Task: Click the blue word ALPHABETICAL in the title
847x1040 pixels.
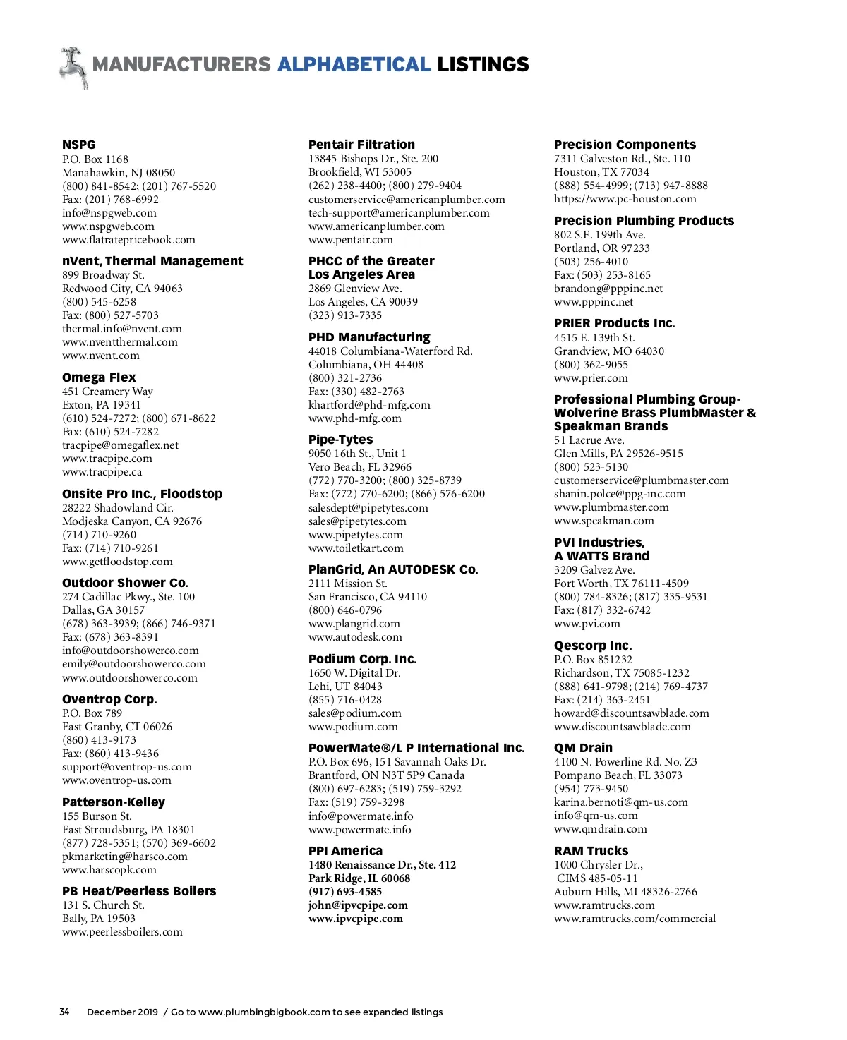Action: [354, 65]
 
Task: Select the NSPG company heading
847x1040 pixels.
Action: [78, 145]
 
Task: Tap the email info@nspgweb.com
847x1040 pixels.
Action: [109, 213]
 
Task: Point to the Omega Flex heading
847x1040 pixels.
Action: [99, 377]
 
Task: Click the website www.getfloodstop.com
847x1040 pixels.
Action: [117, 562]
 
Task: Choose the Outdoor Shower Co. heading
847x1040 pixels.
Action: [125, 583]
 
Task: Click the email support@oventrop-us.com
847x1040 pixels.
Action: [127, 767]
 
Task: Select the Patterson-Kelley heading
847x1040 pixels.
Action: [114, 802]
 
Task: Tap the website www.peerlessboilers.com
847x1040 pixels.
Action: [122, 932]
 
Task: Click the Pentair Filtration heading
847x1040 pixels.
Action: [361, 145]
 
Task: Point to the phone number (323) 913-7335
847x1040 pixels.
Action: [345, 315]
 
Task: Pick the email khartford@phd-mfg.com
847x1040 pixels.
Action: [369, 405]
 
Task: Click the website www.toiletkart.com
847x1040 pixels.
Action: [356, 548]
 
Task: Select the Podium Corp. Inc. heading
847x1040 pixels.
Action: [362, 659]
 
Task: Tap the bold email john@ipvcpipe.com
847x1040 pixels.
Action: [358, 905]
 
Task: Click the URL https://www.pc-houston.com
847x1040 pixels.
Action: [625, 199]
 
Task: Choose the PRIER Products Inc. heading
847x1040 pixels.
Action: [614, 323]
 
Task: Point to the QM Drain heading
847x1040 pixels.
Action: [583, 748]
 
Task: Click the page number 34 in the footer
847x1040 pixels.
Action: [64, 1012]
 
